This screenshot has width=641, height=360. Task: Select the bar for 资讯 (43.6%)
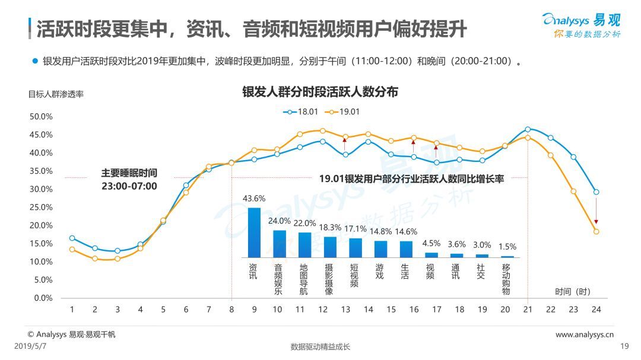coord(254,232)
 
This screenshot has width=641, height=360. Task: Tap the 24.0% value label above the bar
coord(280,221)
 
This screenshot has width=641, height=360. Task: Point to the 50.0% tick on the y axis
coord(41,117)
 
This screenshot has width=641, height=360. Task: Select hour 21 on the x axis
coord(528,310)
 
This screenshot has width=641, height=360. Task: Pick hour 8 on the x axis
coord(231,310)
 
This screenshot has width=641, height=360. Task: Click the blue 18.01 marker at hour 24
coord(596,192)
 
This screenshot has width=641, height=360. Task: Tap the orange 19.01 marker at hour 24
coord(596,232)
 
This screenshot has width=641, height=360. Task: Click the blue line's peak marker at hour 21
coord(528,129)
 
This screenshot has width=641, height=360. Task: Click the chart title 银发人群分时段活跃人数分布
coord(320,92)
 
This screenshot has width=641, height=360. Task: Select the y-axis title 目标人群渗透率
coord(56,94)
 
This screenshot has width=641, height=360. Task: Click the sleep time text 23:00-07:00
coord(129,186)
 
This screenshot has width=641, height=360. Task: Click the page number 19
coord(624,347)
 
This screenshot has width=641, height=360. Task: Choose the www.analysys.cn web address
coord(584,334)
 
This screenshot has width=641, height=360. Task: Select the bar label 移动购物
coord(506,279)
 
